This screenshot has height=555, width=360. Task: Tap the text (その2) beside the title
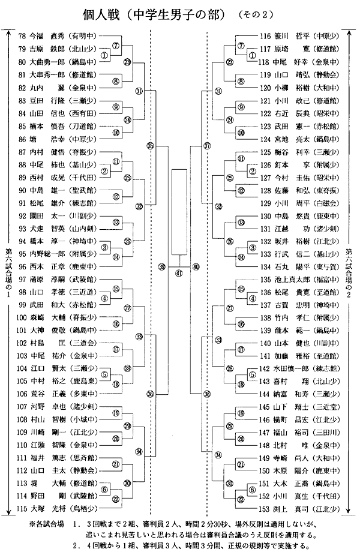257,14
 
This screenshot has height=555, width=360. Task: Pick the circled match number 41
178,272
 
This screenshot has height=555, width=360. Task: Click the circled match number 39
161,266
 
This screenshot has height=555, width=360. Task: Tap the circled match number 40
196,266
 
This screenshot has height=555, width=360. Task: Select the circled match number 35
150,146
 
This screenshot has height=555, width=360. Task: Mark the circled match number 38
206,394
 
